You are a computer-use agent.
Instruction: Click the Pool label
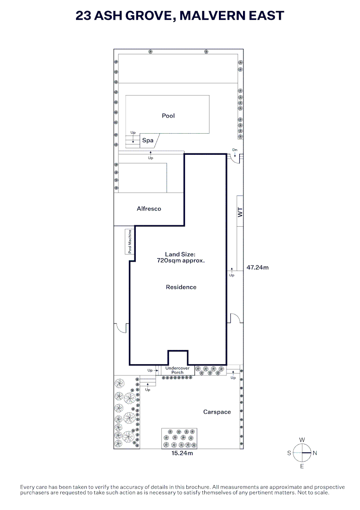(x=168, y=116)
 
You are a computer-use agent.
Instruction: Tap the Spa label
(x=148, y=141)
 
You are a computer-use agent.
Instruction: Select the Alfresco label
(x=149, y=209)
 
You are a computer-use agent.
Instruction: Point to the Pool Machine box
(x=130, y=241)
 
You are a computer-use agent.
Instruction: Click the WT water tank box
(x=240, y=211)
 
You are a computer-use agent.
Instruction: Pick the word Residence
(x=181, y=287)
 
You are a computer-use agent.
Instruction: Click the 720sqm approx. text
(x=181, y=261)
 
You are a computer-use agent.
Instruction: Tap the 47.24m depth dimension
(x=258, y=268)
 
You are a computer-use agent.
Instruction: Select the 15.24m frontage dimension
(x=182, y=453)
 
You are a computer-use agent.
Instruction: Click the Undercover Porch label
(x=177, y=370)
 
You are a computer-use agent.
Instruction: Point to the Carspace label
(x=217, y=412)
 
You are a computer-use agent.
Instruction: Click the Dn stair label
(x=235, y=150)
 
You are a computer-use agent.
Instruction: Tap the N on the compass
(x=315, y=453)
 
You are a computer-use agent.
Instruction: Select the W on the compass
(x=302, y=440)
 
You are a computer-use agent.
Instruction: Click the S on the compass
(x=289, y=453)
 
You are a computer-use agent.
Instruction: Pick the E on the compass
(x=302, y=467)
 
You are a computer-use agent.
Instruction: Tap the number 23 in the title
(x=83, y=16)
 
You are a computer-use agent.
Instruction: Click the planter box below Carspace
(x=179, y=438)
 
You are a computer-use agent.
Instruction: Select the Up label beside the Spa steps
(x=133, y=133)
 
